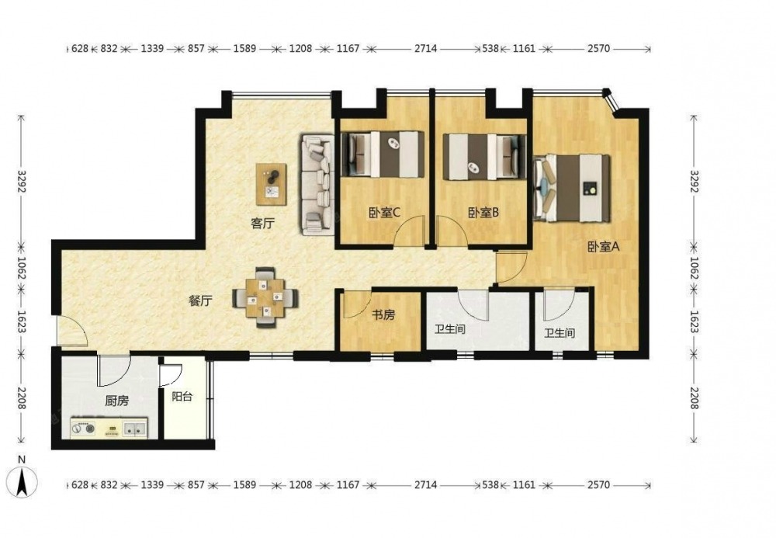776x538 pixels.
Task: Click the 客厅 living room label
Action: (x=262, y=224)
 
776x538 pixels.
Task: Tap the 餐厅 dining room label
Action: (x=200, y=301)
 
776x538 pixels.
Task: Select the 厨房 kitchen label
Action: (x=117, y=401)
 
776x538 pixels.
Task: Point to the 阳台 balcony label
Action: (x=182, y=397)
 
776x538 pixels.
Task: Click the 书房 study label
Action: (x=383, y=314)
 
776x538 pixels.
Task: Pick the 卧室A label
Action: (x=603, y=246)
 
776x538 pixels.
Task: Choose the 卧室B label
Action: (x=483, y=213)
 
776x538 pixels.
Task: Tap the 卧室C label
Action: (x=384, y=213)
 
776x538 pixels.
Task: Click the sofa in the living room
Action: (x=316, y=185)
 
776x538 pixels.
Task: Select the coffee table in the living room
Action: (x=271, y=184)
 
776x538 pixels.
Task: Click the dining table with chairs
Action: (x=265, y=297)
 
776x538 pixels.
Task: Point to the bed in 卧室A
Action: (x=572, y=188)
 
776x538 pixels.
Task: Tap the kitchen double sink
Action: (x=134, y=429)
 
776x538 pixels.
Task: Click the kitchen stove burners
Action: (x=83, y=429)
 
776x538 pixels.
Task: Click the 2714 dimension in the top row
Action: (x=425, y=48)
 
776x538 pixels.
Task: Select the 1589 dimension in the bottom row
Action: (x=244, y=484)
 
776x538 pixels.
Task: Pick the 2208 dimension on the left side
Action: (x=21, y=398)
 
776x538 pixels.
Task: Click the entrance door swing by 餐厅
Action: (x=72, y=331)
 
